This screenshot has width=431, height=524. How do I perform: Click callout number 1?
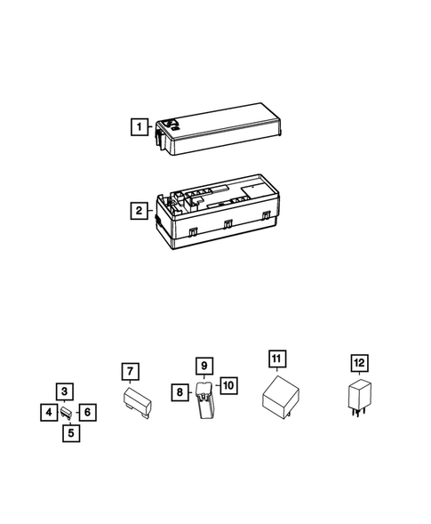pyautogui.click(x=139, y=127)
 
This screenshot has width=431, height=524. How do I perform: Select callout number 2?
pyautogui.click(x=139, y=211)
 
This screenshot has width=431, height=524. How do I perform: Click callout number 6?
pyautogui.click(x=86, y=413)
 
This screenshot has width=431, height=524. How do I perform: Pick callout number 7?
pyautogui.click(x=130, y=371)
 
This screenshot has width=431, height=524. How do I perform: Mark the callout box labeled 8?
pyautogui.click(x=180, y=391)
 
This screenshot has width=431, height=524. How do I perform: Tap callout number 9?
pyautogui.click(x=203, y=366)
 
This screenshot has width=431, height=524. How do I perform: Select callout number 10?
pyautogui.click(x=227, y=385)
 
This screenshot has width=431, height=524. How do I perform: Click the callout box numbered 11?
pyautogui.click(x=277, y=359)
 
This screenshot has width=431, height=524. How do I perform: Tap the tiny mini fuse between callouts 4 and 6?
pyautogui.click(x=67, y=413)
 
